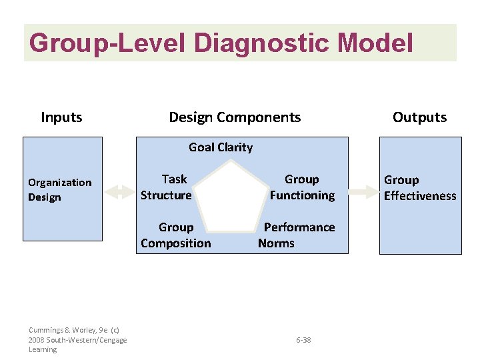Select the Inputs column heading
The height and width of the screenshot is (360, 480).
pyautogui.click(x=61, y=117)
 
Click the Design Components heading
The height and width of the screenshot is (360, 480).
pyautogui.click(x=235, y=117)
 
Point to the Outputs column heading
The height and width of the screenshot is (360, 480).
pyautogui.click(x=419, y=117)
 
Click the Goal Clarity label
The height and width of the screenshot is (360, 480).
pyautogui.click(x=221, y=147)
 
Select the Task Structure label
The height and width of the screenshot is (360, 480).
pyautogui.click(x=167, y=187)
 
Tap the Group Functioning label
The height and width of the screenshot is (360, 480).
pyautogui.click(x=302, y=187)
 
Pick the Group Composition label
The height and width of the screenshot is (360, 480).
pyautogui.click(x=176, y=235)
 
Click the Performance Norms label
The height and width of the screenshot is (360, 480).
pyautogui.click(x=297, y=235)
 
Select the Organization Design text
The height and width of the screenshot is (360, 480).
pyautogui.click(x=59, y=190)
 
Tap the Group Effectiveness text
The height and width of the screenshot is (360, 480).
pyautogui.click(x=420, y=188)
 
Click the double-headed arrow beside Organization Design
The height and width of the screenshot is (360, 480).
pyautogui.click(x=120, y=192)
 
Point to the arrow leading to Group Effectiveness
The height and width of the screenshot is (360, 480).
pyautogui.click(x=363, y=192)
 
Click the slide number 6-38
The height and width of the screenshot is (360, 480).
pyautogui.click(x=303, y=340)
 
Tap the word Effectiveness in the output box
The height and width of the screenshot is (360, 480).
pyautogui.click(x=420, y=196)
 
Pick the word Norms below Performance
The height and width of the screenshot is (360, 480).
pyautogui.click(x=276, y=243)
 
